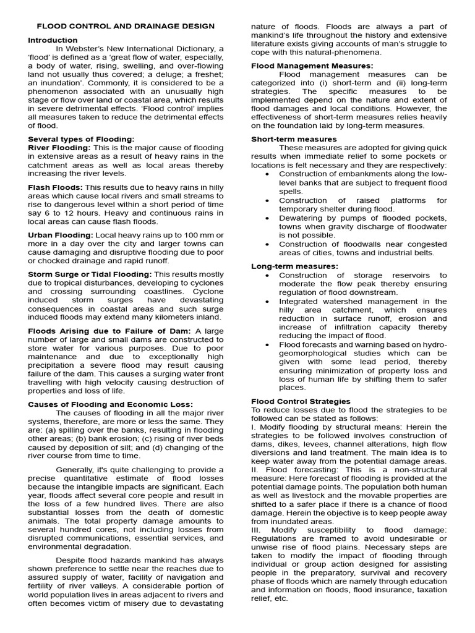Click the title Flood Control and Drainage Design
coord(126,26)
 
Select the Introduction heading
coord(53,40)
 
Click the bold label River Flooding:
coord(59,148)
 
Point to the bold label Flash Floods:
coord(55,187)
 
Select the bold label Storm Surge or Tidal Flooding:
coord(90,274)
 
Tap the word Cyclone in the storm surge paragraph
coord(207,291)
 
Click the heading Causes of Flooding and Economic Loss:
coord(111,404)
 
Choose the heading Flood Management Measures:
coord(312,66)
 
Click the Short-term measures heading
coord(294,139)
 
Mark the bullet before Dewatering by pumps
coord(267,218)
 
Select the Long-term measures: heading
coord(294,266)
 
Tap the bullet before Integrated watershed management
coord(267,302)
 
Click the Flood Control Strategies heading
coord(301,401)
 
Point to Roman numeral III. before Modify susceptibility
coord(257,530)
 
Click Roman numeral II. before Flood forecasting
coord(255,470)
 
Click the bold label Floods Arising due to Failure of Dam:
coord(110,331)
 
